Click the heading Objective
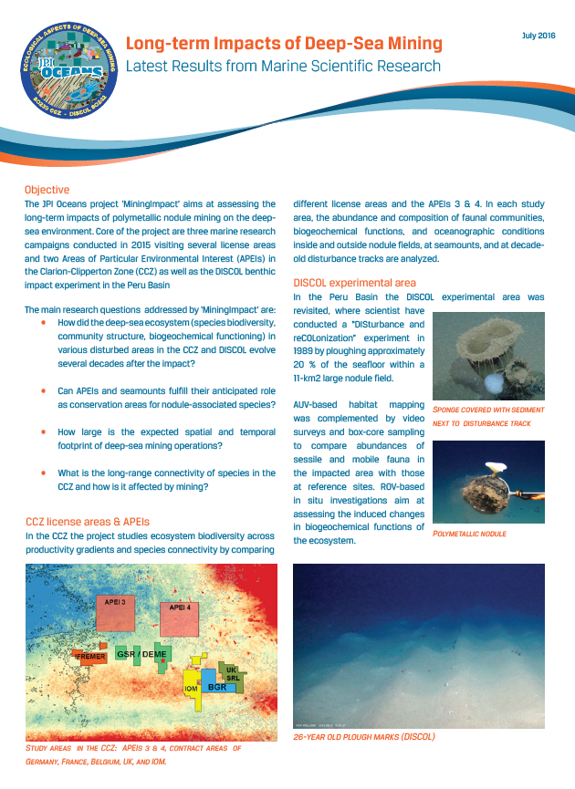point(47,189)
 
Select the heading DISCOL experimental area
point(354,282)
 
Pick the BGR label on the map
point(216,686)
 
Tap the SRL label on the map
point(234,679)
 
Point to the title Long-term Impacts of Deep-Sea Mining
point(284,43)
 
